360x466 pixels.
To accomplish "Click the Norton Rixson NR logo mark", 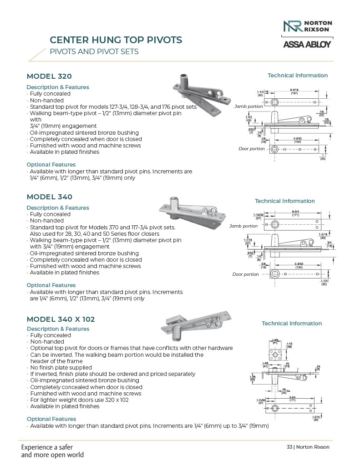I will pos(292,26).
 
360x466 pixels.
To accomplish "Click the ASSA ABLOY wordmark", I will pos(307,45).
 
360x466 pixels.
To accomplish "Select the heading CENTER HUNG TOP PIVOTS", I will pos(116,40).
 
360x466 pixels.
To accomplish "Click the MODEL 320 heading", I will pos(49,76).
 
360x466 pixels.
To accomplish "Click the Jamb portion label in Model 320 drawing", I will pos(248,106).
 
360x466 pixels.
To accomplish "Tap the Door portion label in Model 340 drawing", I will pos(245,274).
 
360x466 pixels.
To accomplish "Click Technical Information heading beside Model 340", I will pos(284,201).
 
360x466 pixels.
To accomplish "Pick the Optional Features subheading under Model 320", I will pos(51,165).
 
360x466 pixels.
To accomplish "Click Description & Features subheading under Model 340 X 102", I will pos(58,329).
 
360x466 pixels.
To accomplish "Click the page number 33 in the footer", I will pos(289,447).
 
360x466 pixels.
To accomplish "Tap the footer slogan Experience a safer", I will pos(47,447).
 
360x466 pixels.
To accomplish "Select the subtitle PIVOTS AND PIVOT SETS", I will pos(94,52).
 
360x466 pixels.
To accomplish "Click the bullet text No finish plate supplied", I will pos(61,367).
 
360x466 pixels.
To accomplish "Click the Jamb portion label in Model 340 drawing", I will pos(243,226).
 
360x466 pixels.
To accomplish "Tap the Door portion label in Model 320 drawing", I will pos(252,149).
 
